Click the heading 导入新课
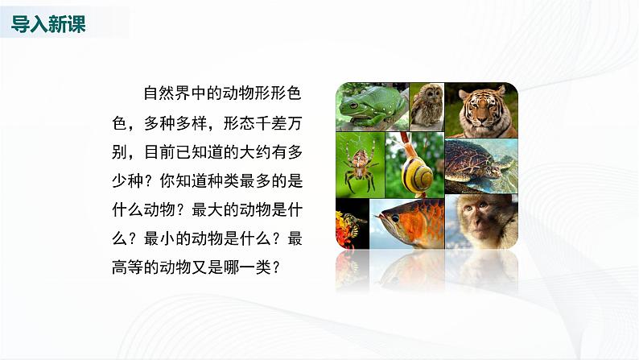pyautogui.click(x=49, y=24)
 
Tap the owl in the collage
pyautogui.click(x=427, y=102)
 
